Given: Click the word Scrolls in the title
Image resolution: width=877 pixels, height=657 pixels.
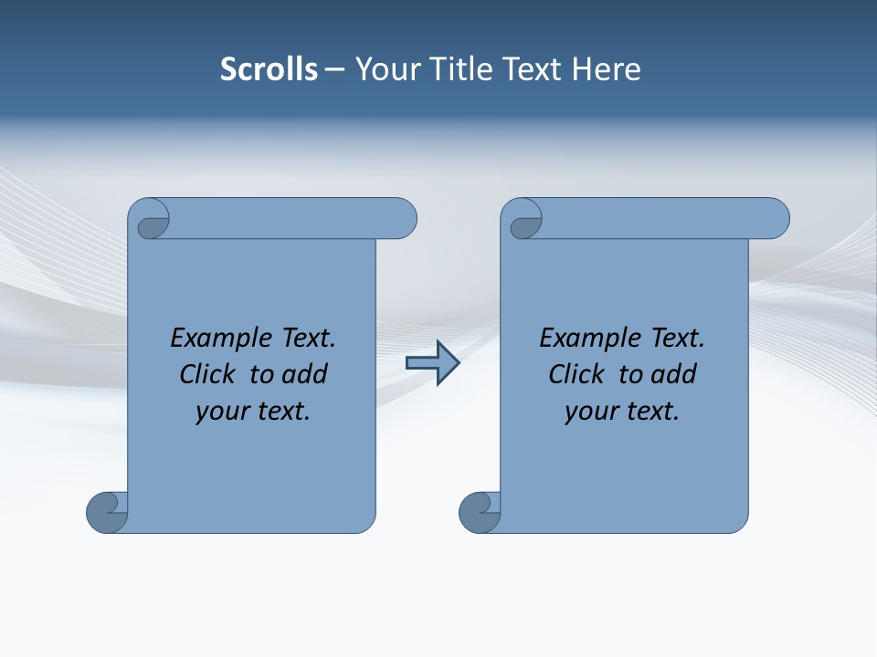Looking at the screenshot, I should click(269, 69).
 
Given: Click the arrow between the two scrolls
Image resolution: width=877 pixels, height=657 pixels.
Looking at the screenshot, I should click(432, 363).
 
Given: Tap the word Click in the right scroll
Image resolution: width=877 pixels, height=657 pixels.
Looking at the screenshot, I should click(576, 374).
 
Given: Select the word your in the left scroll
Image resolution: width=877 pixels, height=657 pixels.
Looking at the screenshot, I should click(221, 412).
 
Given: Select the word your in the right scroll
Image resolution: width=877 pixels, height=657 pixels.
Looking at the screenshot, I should click(590, 412).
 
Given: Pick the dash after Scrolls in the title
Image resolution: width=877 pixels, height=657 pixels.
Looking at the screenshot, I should click(335, 69).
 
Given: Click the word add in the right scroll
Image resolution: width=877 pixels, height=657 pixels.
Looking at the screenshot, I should click(673, 374).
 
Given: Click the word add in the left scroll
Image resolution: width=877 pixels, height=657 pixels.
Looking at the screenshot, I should click(304, 374).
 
